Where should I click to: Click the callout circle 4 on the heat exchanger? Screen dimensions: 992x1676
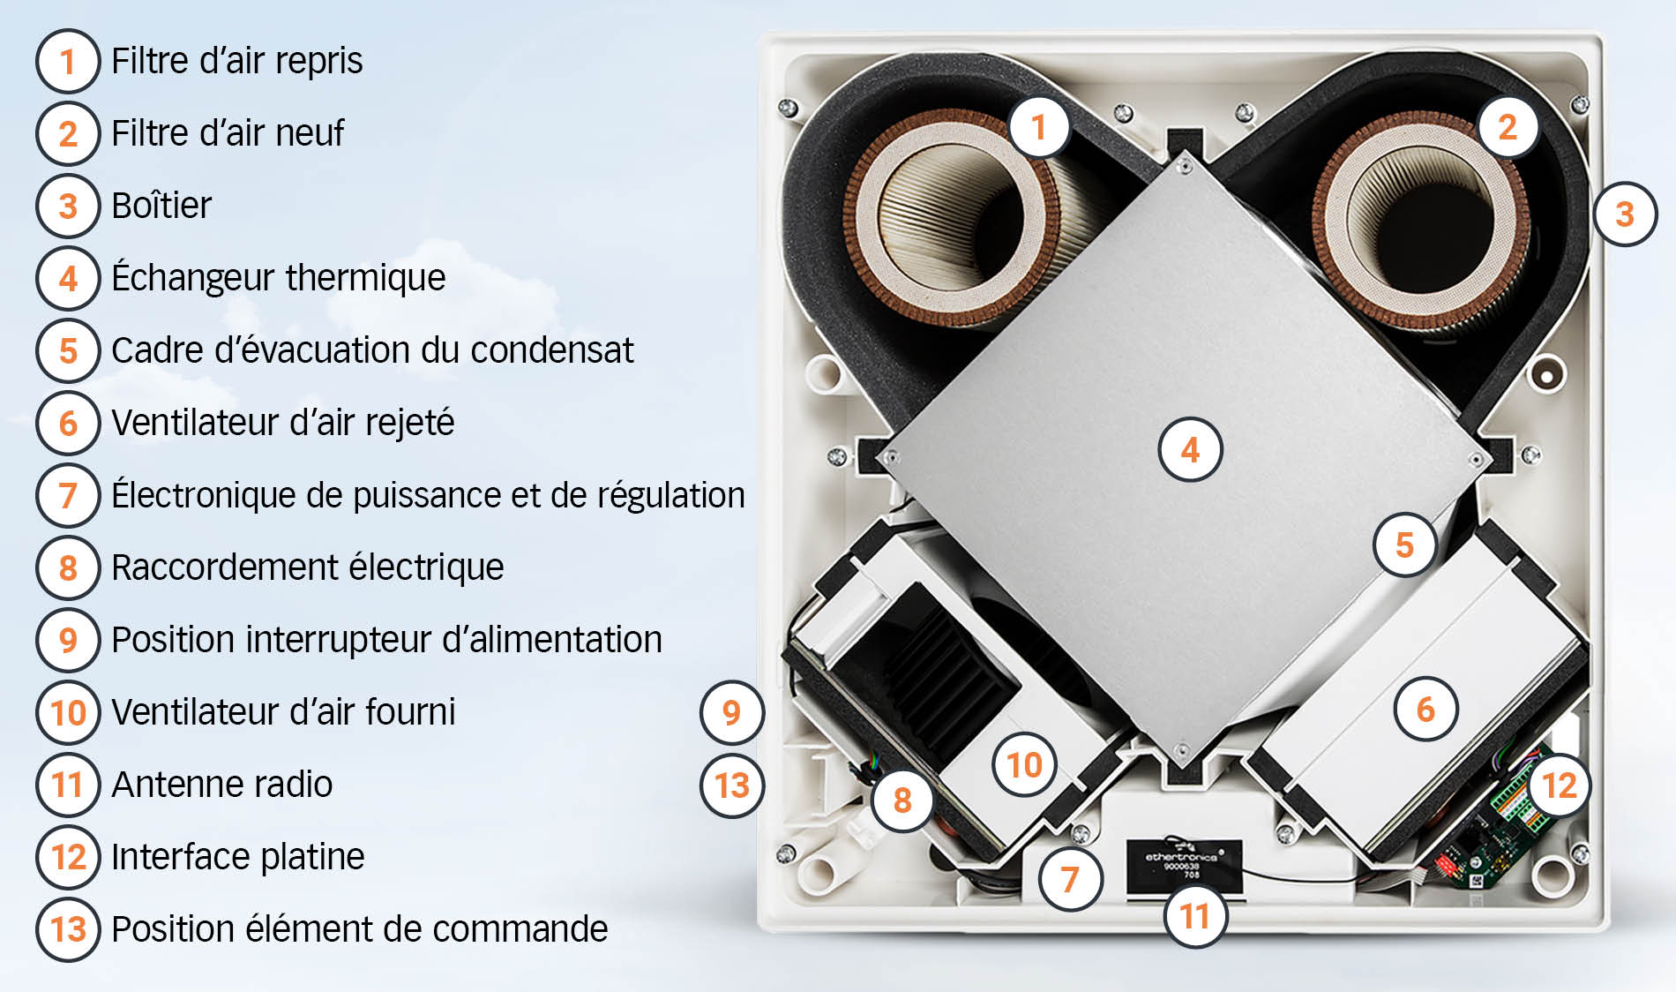click(x=1190, y=450)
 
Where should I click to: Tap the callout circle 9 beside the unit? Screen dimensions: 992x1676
click(x=731, y=712)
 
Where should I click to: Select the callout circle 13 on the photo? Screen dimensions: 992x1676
click(x=731, y=785)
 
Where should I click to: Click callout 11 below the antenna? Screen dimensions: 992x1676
click(x=1194, y=916)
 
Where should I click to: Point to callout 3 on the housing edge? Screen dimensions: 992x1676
click(x=1625, y=214)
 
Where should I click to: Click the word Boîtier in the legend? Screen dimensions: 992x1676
click(x=161, y=206)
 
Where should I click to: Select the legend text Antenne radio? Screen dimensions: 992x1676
click(x=221, y=785)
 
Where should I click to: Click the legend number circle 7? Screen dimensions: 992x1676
click(x=67, y=496)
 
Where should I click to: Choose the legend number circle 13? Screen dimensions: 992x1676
click(x=67, y=929)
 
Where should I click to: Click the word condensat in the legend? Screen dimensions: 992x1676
click(x=551, y=350)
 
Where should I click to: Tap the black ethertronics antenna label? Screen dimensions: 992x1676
click(x=1184, y=865)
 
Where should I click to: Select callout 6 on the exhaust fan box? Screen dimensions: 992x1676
click(x=1425, y=709)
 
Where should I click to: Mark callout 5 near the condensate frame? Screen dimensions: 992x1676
click(x=1404, y=545)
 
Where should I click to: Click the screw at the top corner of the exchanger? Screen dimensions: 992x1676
click(x=1186, y=166)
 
